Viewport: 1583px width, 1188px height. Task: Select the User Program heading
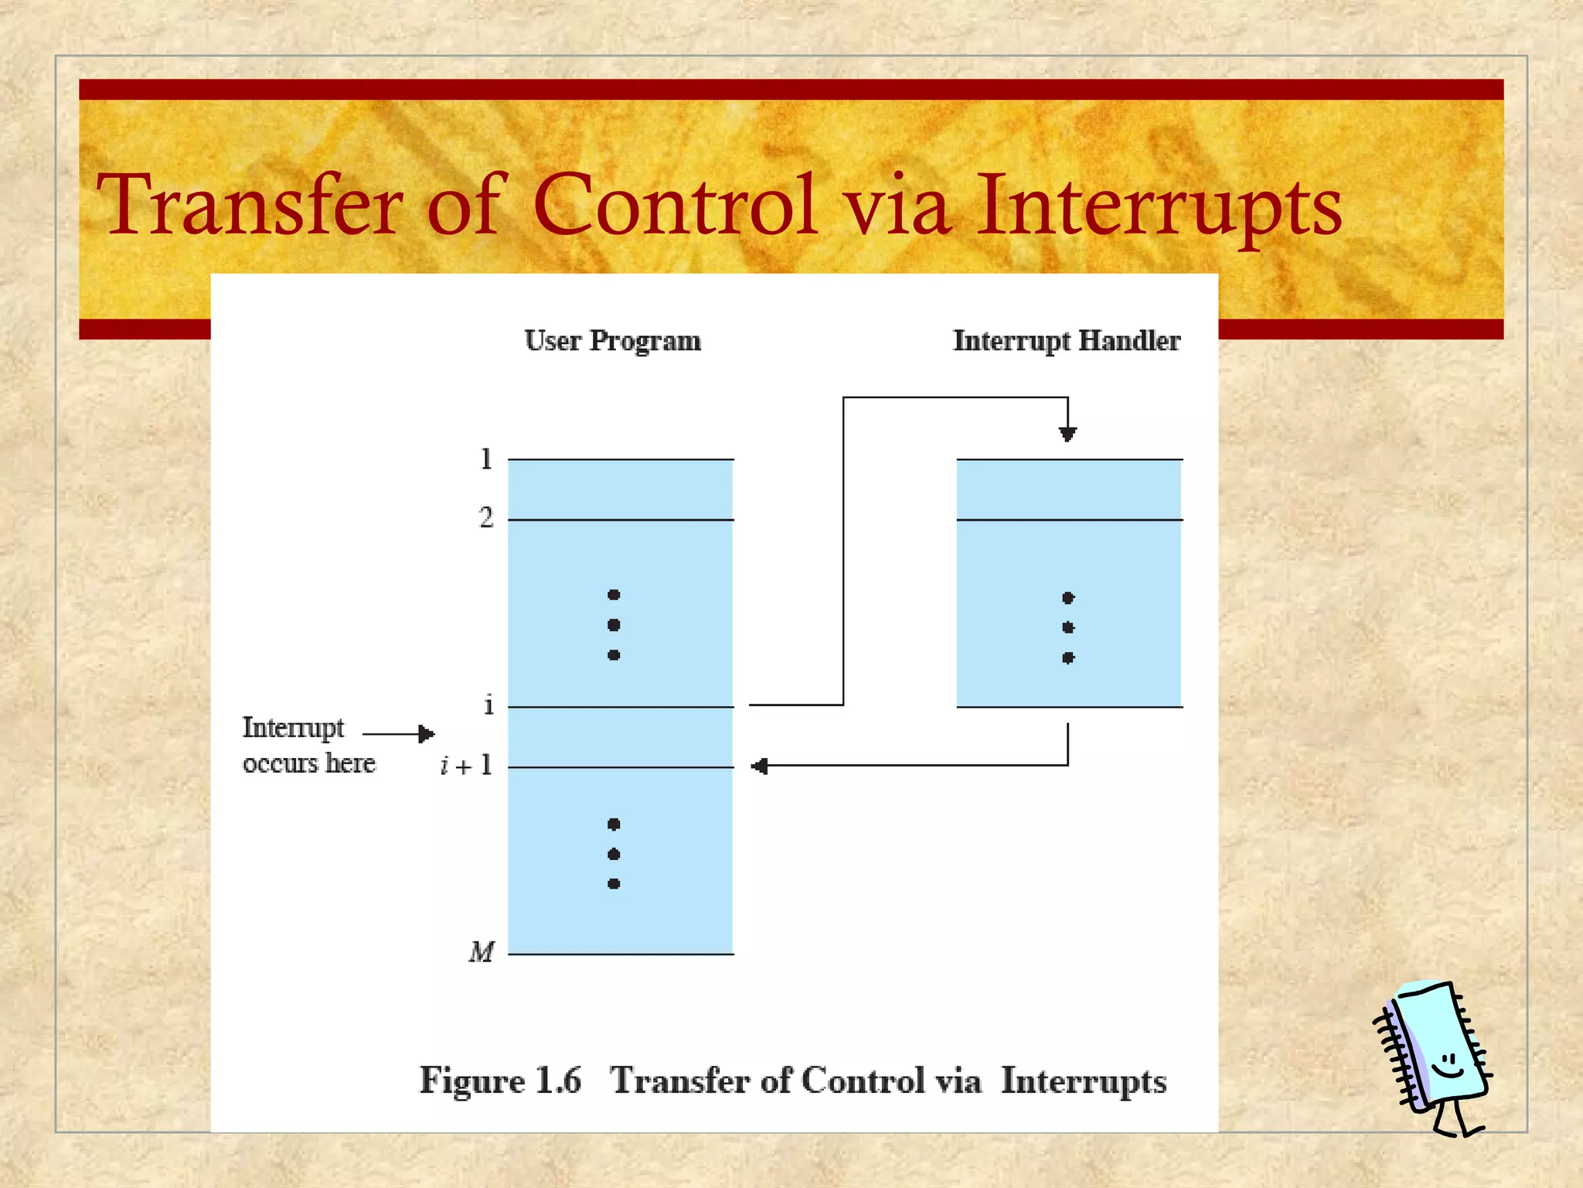[x=612, y=340]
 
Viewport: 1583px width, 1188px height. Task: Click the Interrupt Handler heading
[x=1066, y=340]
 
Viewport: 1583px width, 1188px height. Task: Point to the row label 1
[x=485, y=459]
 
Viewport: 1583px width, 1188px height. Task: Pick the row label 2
[x=485, y=517]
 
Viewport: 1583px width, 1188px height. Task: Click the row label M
[x=481, y=951]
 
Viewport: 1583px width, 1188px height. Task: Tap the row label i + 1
[x=466, y=766]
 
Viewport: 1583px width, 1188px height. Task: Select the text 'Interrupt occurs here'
[x=308, y=745]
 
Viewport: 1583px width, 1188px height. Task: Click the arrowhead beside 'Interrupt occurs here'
[x=426, y=733]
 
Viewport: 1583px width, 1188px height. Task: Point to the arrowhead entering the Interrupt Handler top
[x=1067, y=434]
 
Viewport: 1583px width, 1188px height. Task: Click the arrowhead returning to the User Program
[x=760, y=766]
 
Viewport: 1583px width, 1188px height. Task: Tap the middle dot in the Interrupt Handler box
[x=1068, y=627]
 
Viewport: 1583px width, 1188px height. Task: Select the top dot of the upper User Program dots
[x=614, y=595]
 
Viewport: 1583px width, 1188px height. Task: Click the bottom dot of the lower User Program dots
[x=614, y=884]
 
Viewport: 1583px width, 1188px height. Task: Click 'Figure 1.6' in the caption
[x=499, y=1080]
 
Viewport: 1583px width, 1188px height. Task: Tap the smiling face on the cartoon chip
[x=1446, y=1066]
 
